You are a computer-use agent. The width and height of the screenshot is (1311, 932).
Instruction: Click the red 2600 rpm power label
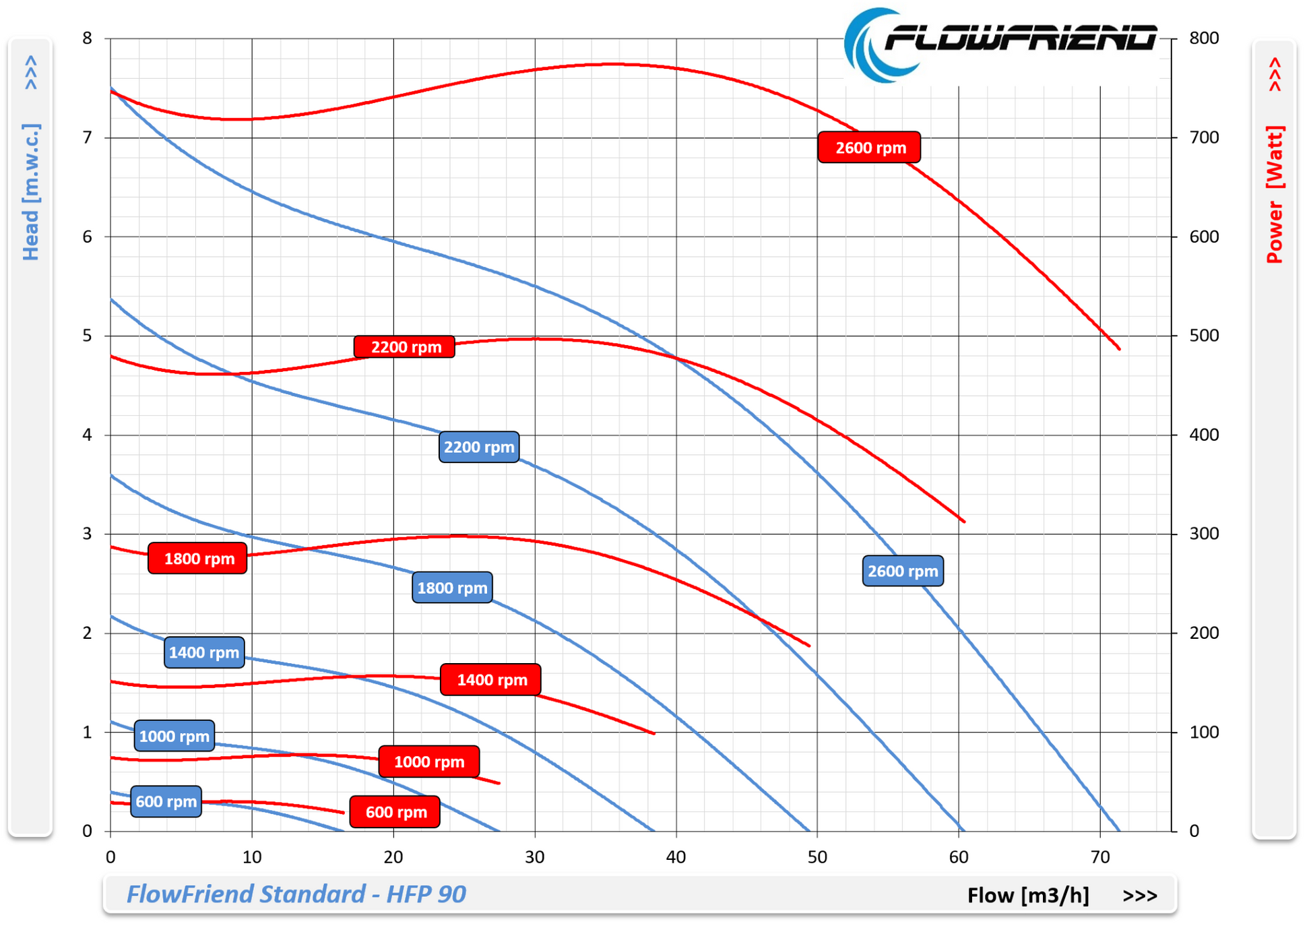(x=869, y=147)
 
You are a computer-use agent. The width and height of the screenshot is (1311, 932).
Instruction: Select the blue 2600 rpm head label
(x=903, y=571)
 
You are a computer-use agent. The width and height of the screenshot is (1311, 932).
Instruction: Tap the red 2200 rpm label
(x=405, y=347)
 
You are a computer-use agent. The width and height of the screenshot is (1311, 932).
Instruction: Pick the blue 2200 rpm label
(x=479, y=447)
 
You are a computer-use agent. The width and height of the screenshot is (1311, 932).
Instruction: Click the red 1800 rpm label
(x=198, y=559)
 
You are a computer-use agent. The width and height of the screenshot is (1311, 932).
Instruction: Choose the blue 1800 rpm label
(x=452, y=588)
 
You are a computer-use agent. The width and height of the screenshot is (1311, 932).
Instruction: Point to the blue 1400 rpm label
(x=204, y=652)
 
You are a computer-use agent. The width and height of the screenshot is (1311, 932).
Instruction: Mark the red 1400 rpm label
(x=491, y=679)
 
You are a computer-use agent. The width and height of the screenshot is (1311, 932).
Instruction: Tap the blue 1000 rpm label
(x=174, y=736)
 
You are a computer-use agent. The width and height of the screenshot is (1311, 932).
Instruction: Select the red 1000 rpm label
(x=429, y=762)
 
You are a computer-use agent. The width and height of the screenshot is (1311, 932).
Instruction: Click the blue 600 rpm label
(x=166, y=801)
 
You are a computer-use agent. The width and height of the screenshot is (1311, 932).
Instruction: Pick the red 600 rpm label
(x=395, y=812)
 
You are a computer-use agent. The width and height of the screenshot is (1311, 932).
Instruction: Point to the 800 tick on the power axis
(x=1204, y=38)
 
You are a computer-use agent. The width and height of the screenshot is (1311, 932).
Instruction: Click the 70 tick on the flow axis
(x=1099, y=857)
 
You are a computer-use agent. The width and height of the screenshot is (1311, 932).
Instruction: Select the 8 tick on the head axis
(x=87, y=38)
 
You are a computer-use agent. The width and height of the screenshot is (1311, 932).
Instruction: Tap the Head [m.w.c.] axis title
(x=31, y=192)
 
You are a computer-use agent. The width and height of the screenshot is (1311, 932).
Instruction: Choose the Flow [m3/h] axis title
(x=1028, y=895)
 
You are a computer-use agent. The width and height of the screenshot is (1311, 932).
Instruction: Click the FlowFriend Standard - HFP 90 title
(x=296, y=894)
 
